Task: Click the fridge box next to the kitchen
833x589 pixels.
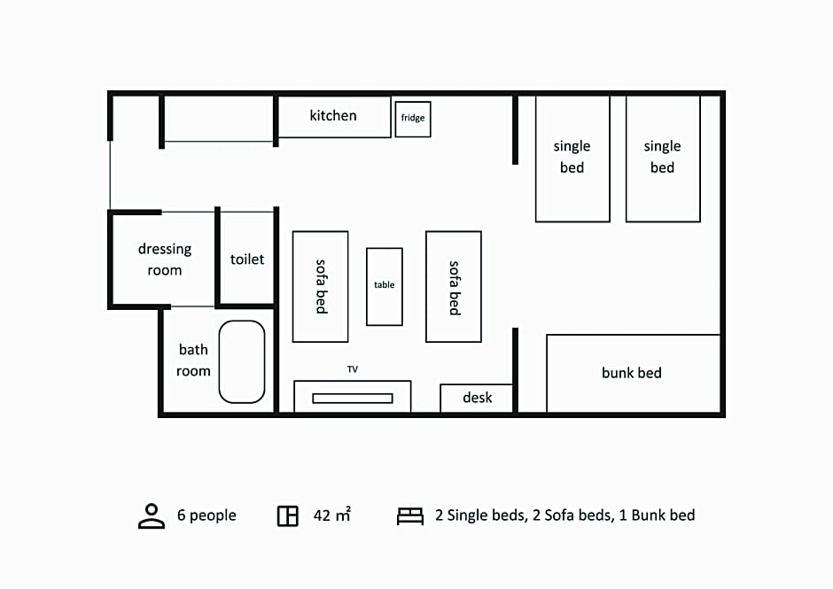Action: pos(413,119)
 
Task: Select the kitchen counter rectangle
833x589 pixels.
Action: pos(334,116)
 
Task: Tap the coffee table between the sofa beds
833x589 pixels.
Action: pos(384,286)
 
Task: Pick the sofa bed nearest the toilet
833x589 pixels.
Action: pos(320,286)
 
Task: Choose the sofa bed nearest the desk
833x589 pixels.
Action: pos(453,286)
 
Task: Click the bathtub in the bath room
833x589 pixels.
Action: pos(242,361)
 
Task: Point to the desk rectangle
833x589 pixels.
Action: pos(477,398)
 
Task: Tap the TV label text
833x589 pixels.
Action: pos(352,369)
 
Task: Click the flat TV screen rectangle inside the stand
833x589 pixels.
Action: pos(352,399)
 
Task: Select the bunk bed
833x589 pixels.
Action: pos(633,373)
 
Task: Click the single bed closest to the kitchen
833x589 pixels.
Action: pos(572,159)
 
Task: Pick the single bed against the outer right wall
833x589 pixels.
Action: pos(663,159)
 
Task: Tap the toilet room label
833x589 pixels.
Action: pos(247,260)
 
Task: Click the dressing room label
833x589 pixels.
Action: pos(165,260)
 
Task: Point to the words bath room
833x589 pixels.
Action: pos(193,360)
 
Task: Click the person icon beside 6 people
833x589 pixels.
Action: pos(152,515)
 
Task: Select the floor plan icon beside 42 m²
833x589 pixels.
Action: pos(287,515)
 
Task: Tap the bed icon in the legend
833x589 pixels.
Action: pos(410,515)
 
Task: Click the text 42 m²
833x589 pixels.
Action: pos(332,515)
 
